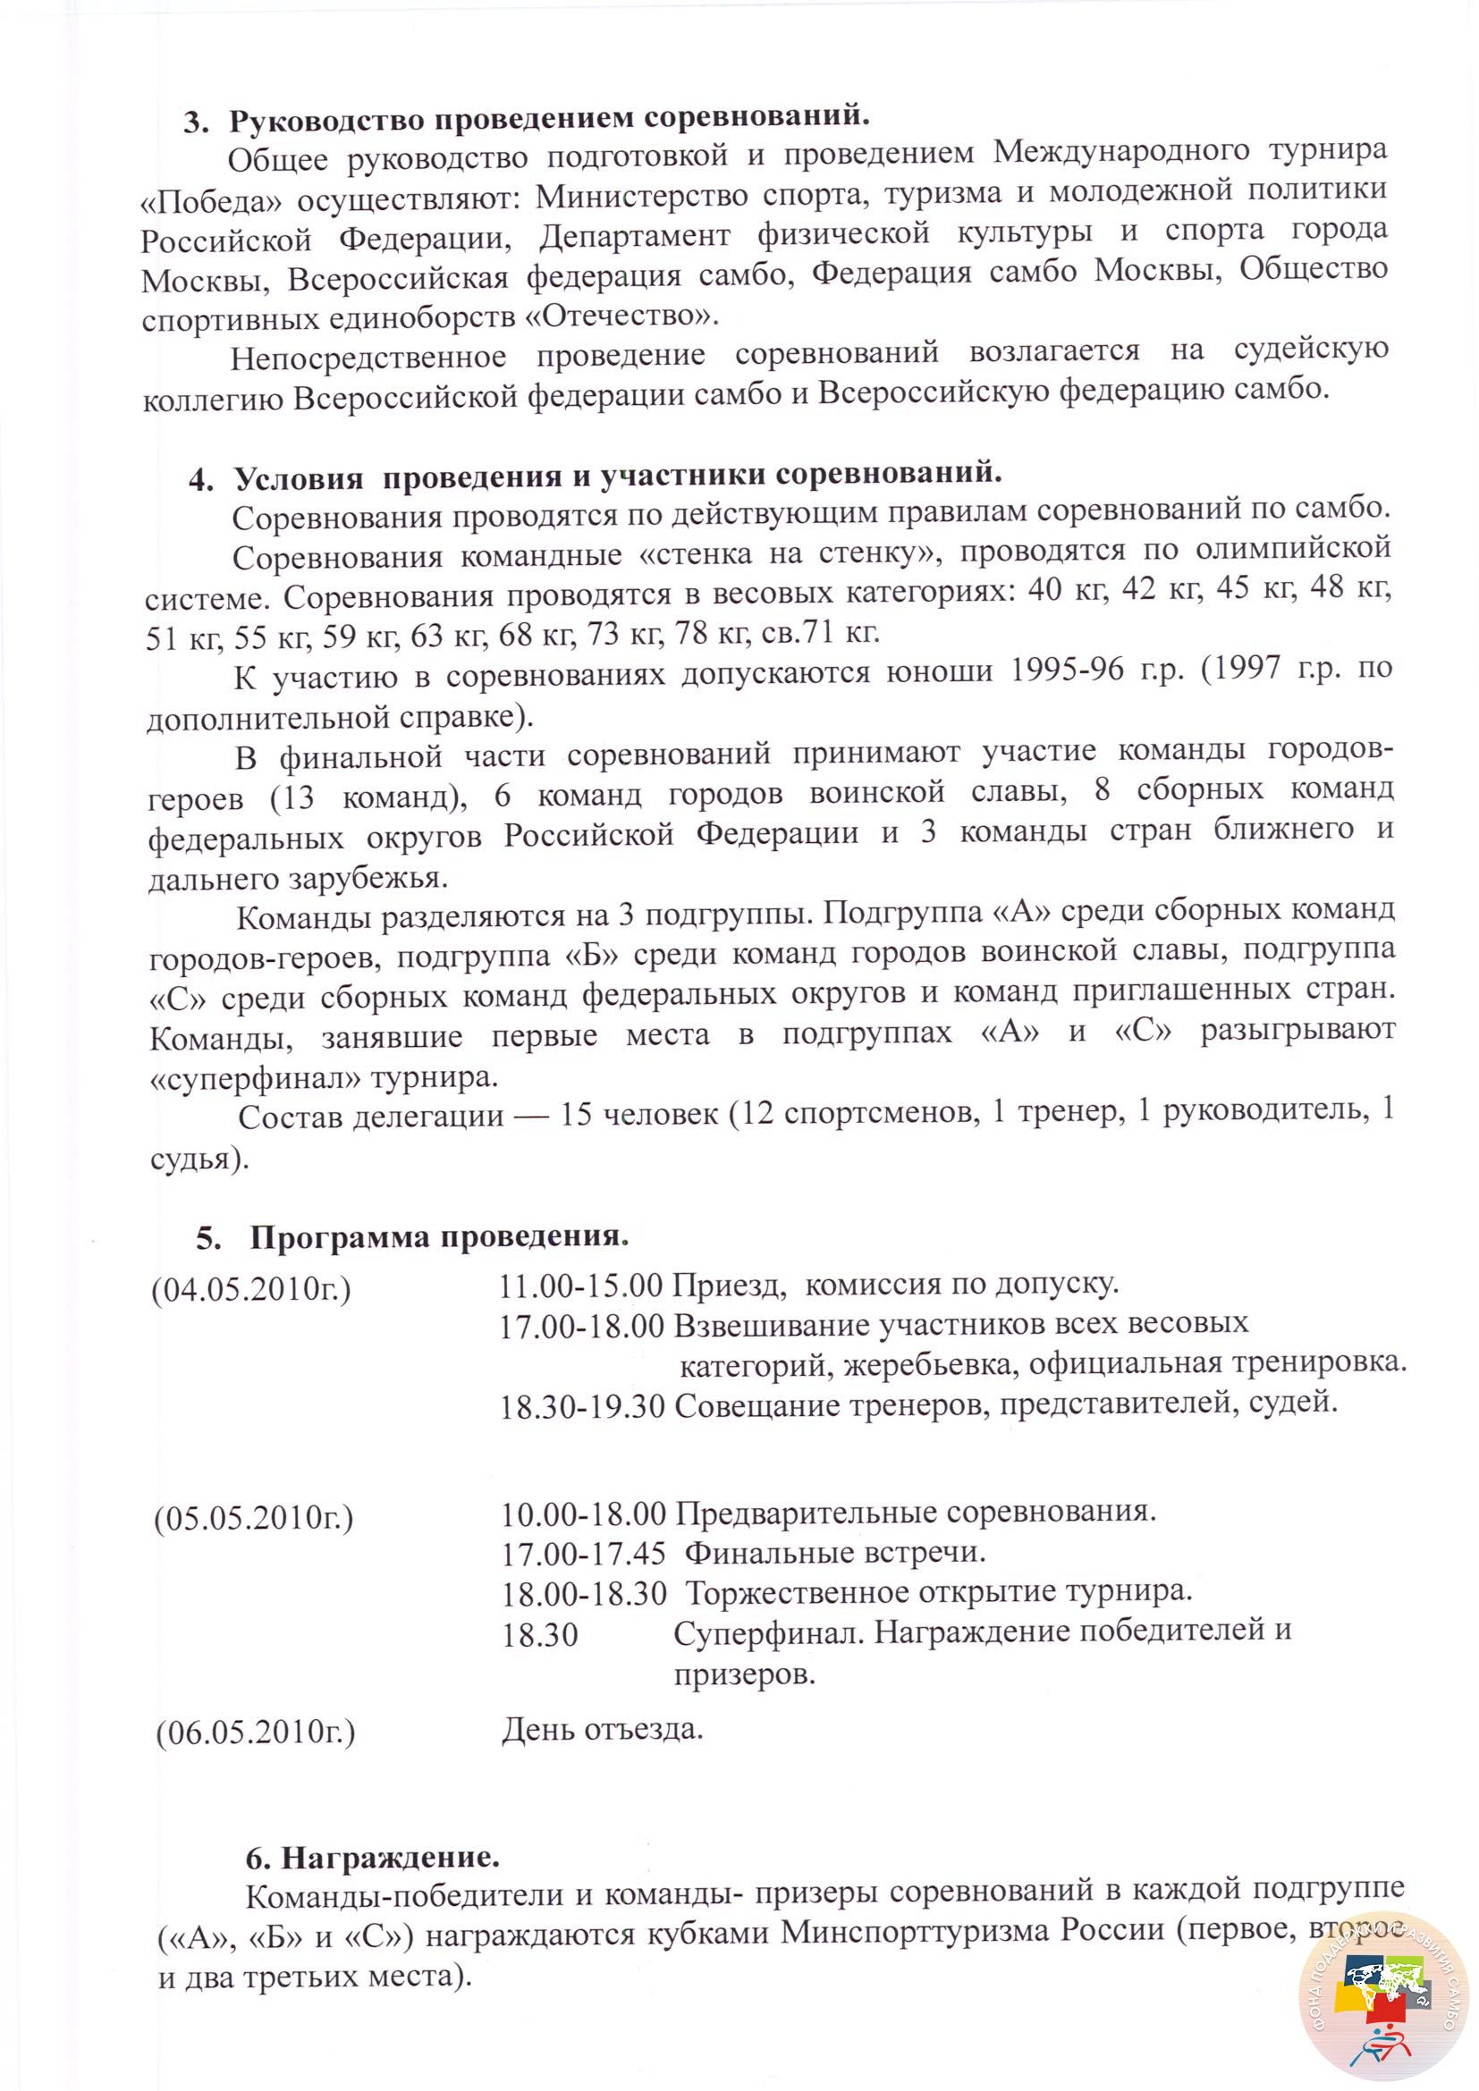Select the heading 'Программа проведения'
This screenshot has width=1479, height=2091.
(x=440, y=1236)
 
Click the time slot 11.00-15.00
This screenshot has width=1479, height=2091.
(x=581, y=1285)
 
